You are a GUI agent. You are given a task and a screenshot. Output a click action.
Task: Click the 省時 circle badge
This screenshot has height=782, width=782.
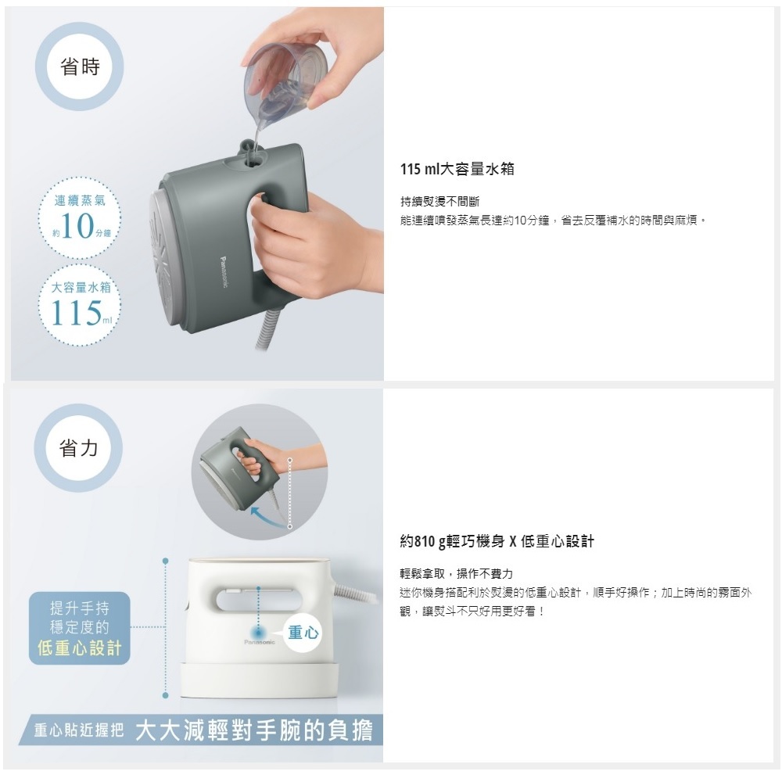pyautogui.click(x=79, y=66)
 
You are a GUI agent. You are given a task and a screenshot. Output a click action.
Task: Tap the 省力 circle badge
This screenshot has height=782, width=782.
pyautogui.click(x=78, y=447)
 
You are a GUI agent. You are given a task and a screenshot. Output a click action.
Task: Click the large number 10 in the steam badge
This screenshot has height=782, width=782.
pyautogui.click(x=77, y=225)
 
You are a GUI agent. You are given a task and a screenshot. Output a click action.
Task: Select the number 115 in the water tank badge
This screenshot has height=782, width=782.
pyautogui.click(x=76, y=313)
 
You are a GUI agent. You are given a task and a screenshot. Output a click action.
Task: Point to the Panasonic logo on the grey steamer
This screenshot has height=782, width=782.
pyautogui.click(x=224, y=272)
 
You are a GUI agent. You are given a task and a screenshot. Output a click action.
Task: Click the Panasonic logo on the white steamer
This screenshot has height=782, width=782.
pyautogui.click(x=260, y=642)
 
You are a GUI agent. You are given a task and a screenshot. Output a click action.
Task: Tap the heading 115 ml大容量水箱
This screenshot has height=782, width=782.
pyautogui.click(x=457, y=169)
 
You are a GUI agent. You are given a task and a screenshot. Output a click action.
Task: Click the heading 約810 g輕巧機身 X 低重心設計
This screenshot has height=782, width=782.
pyautogui.click(x=497, y=541)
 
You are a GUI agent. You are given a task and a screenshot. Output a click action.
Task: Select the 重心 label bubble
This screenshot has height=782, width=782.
pyautogui.click(x=303, y=633)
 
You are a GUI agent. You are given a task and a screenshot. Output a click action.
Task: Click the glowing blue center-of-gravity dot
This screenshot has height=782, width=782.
pyautogui.click(x=258, y=631)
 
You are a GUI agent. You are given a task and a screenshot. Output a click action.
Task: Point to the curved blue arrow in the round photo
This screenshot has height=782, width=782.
pyautogui.click(x=269, y=517)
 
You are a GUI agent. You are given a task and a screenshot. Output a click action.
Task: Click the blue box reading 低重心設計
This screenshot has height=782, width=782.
pyautogui.click(x=80, y=628)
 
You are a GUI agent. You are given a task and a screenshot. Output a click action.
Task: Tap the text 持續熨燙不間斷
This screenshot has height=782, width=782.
pyautogui.click(x=439, y=202)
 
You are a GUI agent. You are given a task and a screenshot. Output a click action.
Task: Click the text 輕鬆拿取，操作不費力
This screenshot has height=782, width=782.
pyautogui.click(x=457, y=573)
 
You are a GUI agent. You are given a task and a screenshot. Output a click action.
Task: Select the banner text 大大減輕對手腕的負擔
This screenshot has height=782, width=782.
pyautogui.click(x=254, y=730)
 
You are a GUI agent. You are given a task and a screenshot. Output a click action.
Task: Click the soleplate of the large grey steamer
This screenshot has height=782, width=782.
pyautogui.click(x=163, y=260)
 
